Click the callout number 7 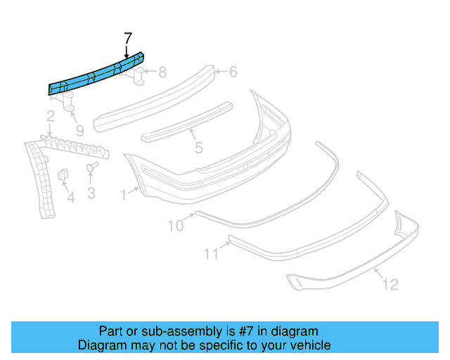tap(127, 38)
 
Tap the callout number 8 tap(162, 72)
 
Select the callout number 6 tap(233, 71)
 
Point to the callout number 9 tap(79, 130)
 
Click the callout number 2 tap(51, 116)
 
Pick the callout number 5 tap(198, 148)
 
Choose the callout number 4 tap(70, 198)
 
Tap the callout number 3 tap(91, 192)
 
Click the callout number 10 tap(174, 225)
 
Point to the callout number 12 tap(390, 284)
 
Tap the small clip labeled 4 tap(62, 175)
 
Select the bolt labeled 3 tap(91, 168)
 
